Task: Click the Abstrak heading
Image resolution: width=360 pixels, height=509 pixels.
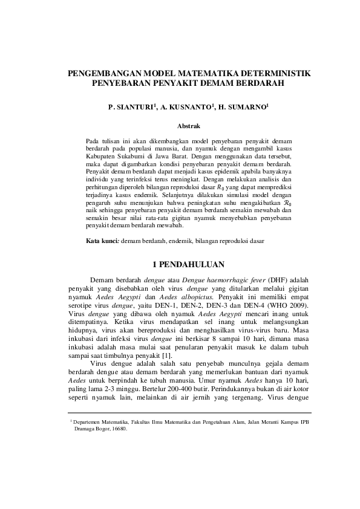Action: pos(188,125)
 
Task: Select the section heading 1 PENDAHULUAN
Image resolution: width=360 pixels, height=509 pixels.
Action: pos(188,264)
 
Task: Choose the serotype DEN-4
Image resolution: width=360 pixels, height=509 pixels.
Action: pos(258,308)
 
